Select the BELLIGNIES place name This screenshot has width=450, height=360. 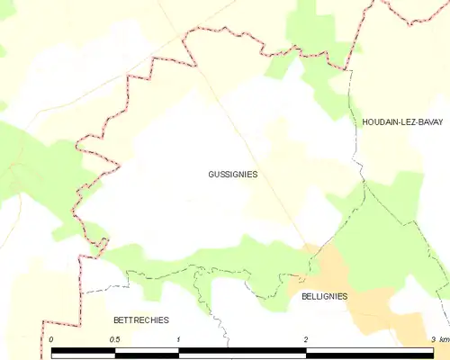[324, 296]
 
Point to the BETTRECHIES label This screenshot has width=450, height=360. [140, 320]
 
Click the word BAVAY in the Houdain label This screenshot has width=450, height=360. [430, 121]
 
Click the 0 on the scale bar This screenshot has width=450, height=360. [52, 338]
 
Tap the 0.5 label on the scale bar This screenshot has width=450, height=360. [115, 338]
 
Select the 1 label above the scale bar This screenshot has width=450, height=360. [179, 338]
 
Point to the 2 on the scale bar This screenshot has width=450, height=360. [306, 338]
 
